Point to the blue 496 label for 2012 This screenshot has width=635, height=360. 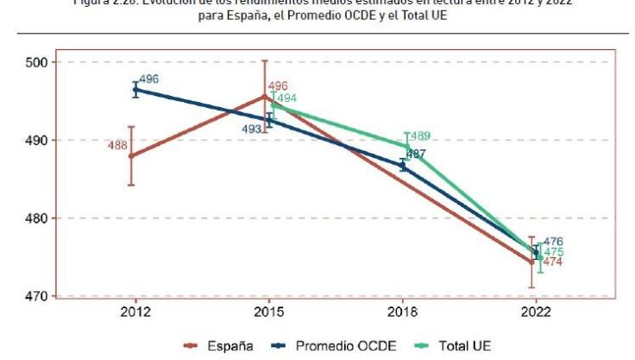tap(148, 79)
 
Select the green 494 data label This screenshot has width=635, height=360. tap(286, 98)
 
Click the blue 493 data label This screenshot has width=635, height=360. tap(252, 129)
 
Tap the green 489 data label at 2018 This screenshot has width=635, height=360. tap(419, 136)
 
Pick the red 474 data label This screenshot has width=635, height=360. tap(552, 262)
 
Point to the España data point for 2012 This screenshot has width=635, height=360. tap(131, 156)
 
